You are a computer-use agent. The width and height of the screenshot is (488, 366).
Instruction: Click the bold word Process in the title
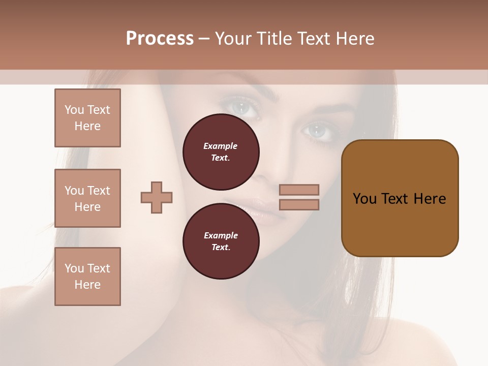pos(160,39)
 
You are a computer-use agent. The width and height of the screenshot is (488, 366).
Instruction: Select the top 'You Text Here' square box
pos(87,118)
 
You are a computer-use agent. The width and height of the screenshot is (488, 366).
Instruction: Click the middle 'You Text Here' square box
pos(87,198)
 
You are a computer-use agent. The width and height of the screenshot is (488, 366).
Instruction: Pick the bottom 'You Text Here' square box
pos(87,277)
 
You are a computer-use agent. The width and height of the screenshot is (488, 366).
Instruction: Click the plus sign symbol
pos(157,197)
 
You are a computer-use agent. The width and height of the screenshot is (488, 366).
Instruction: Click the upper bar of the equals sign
pos(299,190)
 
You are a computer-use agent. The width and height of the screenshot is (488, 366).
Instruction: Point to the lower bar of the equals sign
pos(299,204)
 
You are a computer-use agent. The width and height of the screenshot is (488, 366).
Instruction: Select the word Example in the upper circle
pos(220,146)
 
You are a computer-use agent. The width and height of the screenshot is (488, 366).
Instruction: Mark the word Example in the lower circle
pos(221,235)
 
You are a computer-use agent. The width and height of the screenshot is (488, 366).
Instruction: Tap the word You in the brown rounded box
pos(364,199)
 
